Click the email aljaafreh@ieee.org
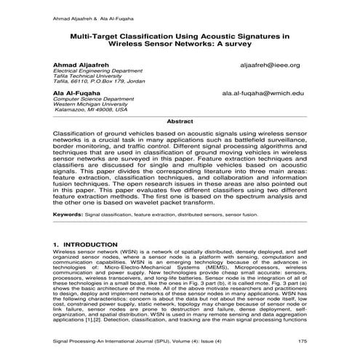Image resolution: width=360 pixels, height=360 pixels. pos(269,65)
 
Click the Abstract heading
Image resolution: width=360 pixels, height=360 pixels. pos(180,121)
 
